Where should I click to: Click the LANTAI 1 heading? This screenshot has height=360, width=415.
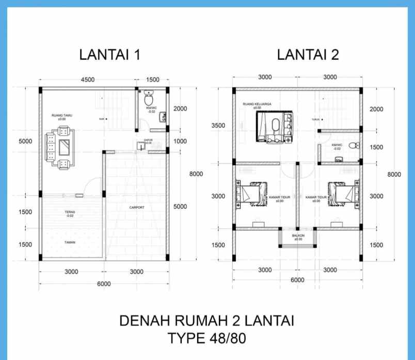click(109, 55)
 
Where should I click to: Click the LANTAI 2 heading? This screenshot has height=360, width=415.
click(308, 55)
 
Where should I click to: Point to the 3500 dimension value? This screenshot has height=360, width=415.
click(218, 126)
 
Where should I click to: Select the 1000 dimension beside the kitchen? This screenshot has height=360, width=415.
click(180, 142)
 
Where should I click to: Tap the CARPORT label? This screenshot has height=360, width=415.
click(137, 208)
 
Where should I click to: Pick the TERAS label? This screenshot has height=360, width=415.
click(70, 212)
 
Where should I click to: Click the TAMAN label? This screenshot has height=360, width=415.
click(70, 242)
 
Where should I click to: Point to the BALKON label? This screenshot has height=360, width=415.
click(297, 236)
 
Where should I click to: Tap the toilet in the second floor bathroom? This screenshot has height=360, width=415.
click(354, 146)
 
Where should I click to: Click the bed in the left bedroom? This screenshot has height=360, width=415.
click(250, 194)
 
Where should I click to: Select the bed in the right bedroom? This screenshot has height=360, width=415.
click(343, 194)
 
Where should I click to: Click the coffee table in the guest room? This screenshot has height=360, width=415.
click(64, 148)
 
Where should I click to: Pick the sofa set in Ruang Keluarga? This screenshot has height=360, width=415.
click(276, 128)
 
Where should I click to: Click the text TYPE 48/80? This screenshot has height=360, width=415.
click(207, 339)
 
